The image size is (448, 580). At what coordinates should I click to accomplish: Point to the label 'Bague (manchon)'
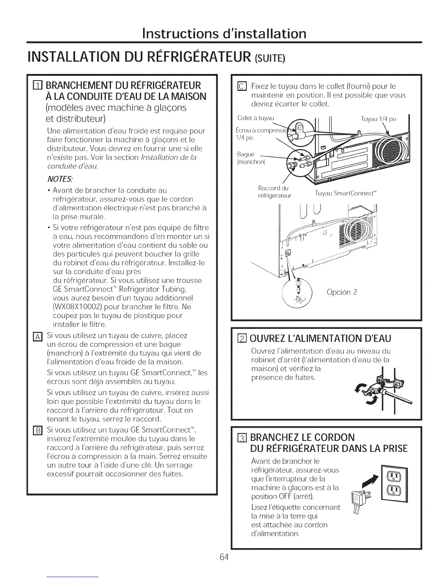click(x=250, y=158)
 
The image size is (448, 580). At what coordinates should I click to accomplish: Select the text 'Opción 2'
click(x=341, y=292)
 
